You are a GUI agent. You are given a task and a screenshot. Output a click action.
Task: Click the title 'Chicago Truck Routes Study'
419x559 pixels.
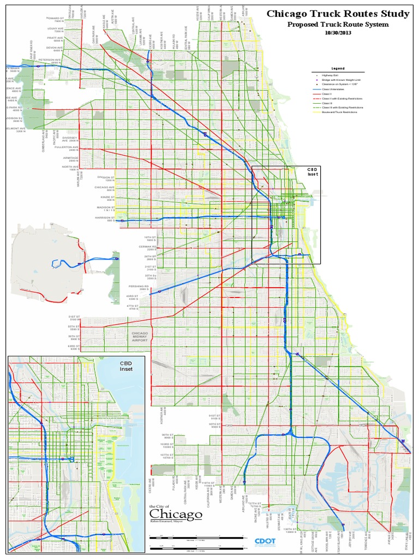338,14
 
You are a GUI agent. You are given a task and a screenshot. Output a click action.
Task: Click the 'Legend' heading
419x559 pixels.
338,69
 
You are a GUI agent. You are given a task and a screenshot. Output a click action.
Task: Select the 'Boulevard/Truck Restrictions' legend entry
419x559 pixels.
339,111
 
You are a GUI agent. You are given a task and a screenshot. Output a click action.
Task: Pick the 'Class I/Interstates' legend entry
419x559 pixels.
333,89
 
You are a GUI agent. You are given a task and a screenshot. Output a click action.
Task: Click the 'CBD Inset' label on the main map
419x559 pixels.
313,172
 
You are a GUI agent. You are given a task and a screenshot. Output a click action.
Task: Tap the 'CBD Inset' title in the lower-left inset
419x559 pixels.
126,365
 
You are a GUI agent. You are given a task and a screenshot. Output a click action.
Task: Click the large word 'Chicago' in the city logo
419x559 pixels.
176,515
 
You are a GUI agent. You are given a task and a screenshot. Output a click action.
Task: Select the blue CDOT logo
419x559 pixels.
266,541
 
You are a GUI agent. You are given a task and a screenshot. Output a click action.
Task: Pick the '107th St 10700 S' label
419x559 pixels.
166,455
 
